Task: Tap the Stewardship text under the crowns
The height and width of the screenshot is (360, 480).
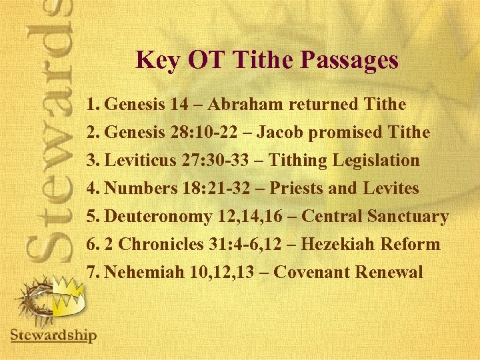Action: pyautogui.click(x=54, y=335)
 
